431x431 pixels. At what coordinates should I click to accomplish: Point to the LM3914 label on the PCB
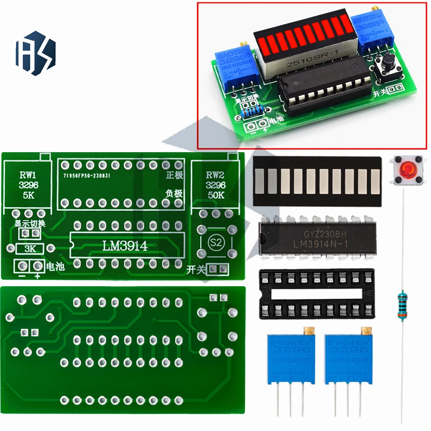click(x=125, y=246)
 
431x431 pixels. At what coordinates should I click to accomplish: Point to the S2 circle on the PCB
click(x=214, y=241)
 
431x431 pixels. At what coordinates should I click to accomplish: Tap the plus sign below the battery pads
click(x=37, y=276)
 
